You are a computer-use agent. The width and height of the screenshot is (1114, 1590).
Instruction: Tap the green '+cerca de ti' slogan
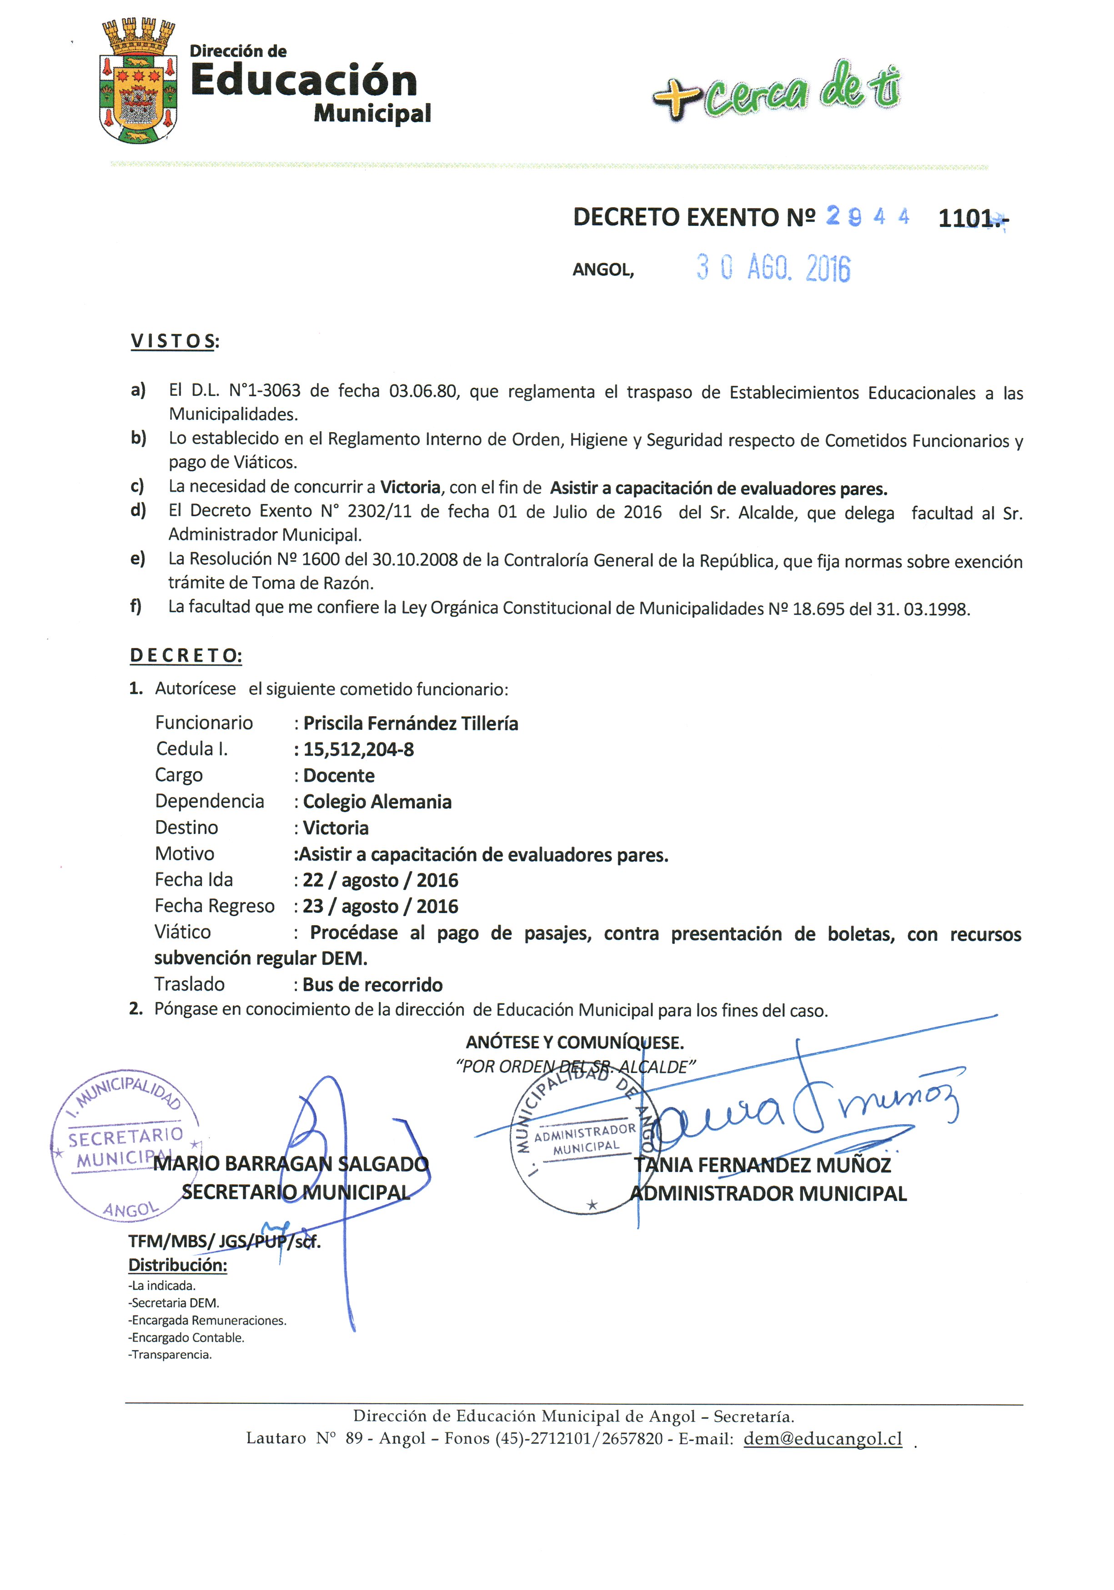click(x=776, y=90)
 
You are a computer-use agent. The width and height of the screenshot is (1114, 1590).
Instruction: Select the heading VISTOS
click(x=173, y=341)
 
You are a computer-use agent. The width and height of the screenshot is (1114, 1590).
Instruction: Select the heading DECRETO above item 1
click(x=185, y=655)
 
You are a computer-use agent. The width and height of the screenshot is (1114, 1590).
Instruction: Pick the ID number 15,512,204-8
click(x=358, y=749)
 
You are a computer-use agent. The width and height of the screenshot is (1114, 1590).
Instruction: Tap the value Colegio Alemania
click(x=377, y=802)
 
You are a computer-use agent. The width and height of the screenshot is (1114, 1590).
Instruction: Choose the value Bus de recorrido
click(x=373, y=985)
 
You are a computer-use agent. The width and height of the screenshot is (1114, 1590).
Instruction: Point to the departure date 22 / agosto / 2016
click(x=380, y=880)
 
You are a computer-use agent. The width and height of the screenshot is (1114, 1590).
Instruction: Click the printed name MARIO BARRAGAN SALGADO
click(x=291, y=1164)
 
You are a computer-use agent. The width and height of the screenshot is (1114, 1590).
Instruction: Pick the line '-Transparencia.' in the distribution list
click(x=171, y=1355)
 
